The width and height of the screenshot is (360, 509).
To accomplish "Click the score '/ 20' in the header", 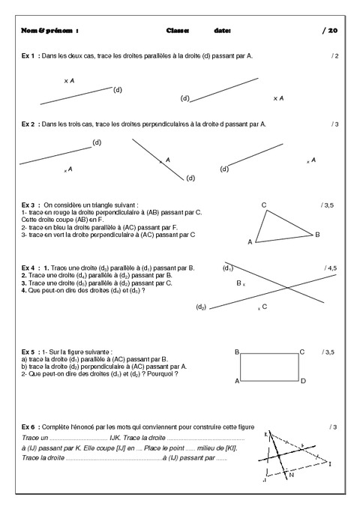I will tap(330, 31).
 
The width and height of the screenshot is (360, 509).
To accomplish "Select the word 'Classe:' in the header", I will tap(178, 31).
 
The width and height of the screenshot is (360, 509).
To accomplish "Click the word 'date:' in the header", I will tap(222, 31).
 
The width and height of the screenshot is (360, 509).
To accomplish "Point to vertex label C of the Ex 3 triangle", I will tap(264, 205).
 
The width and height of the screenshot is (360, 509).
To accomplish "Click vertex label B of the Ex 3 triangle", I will tap(317, 235).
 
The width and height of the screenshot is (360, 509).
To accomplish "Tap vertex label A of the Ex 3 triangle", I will tap(250, 242).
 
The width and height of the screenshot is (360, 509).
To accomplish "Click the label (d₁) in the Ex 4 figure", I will tap(227, 268).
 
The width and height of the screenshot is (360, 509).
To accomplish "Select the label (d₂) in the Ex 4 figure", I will tap(201, 307).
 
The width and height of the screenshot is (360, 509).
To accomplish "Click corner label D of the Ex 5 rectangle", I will tap(303, 382).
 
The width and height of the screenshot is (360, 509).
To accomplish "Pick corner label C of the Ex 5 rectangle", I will tap(302, 352).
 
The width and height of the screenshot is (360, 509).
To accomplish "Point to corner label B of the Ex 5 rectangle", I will tap(236, 352).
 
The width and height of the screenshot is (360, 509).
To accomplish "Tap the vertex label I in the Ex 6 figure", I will tap(331, 464).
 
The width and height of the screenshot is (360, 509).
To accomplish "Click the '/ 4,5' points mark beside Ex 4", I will tap(331, 268).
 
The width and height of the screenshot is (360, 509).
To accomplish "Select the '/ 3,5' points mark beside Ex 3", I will tap(327, 204).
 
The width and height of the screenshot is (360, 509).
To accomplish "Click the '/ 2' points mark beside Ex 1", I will tap(334, 56).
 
